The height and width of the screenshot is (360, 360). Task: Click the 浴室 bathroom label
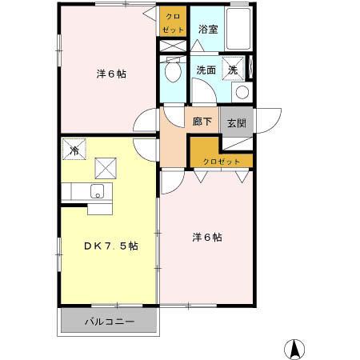pos(209,30)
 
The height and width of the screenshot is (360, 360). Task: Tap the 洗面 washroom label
pos(206,70)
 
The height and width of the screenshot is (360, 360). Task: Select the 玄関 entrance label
pos(236,123)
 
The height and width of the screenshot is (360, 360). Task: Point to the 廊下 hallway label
pos(202,122)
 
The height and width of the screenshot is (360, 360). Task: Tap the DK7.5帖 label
pos(111,246)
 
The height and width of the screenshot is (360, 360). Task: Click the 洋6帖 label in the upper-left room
pos(111,74)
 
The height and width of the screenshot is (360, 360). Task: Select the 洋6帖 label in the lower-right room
pos(206,238)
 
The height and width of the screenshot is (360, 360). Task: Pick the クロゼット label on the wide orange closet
pos(221,161)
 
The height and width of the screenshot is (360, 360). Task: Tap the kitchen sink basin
pos(98,191)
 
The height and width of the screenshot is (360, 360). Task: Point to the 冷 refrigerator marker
pos(74,150)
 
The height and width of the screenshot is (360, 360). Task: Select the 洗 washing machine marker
pos(233,69)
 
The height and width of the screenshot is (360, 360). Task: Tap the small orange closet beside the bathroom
pos(173,23)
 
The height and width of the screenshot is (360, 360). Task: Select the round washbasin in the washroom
pos(242,91)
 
